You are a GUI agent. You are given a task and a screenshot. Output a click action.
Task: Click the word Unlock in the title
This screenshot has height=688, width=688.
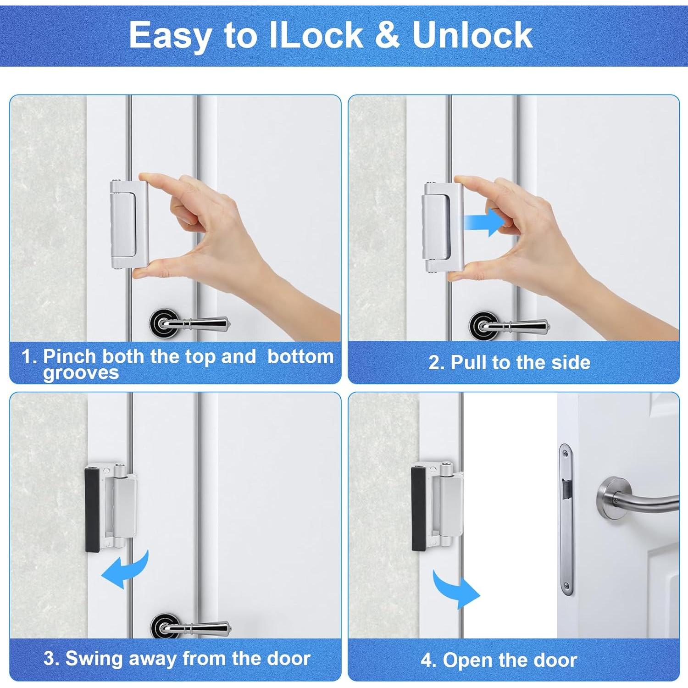pos(472,35)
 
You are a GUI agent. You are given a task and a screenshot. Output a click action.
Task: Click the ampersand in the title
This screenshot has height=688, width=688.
pos(388,35)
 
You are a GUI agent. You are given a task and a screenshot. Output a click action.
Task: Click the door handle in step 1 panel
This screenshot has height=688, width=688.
pos(193,323)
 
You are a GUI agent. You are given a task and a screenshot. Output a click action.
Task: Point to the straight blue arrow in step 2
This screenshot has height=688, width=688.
pos(484,222)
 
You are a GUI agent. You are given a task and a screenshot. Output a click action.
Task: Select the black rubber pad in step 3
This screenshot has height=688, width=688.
pos(92,509)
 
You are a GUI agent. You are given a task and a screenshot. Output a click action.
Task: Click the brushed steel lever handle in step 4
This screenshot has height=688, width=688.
pos(638,502)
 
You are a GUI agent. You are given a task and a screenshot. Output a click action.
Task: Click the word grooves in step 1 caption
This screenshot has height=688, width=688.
pos(81,374)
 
